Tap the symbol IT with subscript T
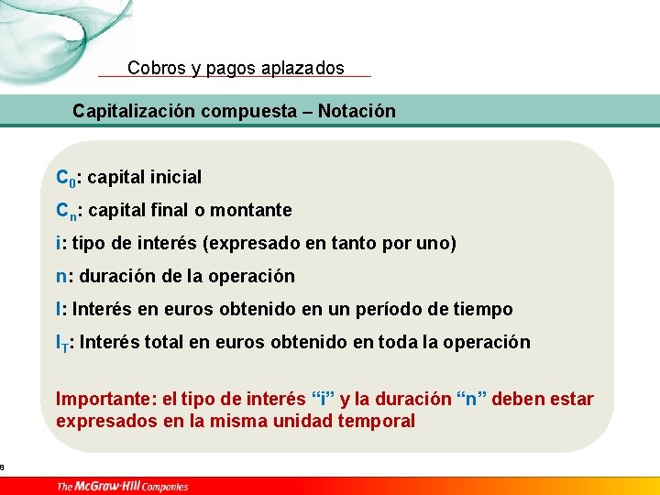pyautogui.click(x=61, y=344)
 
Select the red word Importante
pyautogui.click(x=104, y=400)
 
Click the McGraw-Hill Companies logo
pyautogui.click(x=122, y=486)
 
